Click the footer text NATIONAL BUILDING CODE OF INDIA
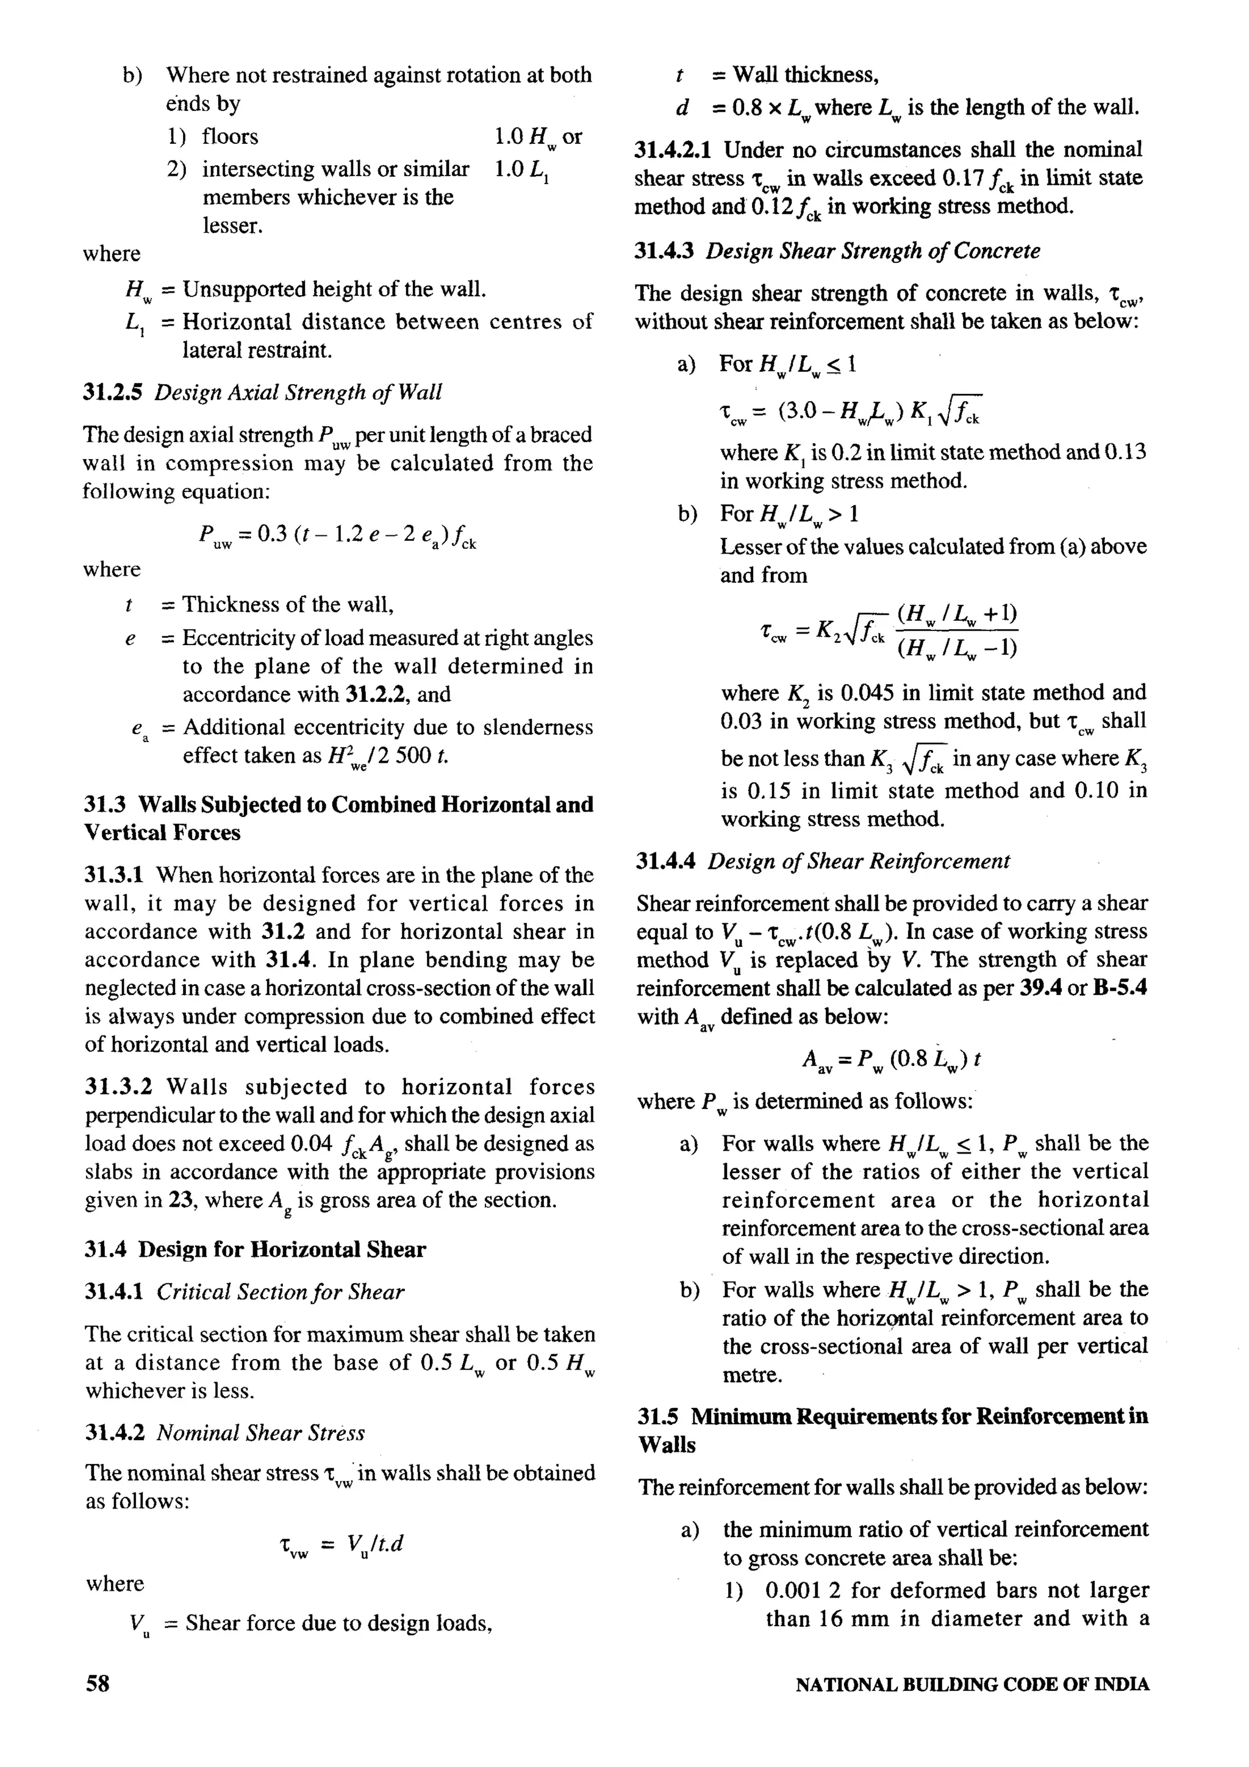(x=972, y=1685)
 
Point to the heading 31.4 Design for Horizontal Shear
(x=255, y=1249)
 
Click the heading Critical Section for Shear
(x=280, y=1291)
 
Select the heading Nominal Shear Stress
(x=260, y=1432)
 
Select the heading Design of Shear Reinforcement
(x=858, y=861)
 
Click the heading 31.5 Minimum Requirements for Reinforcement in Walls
(x=893, y=1430)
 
